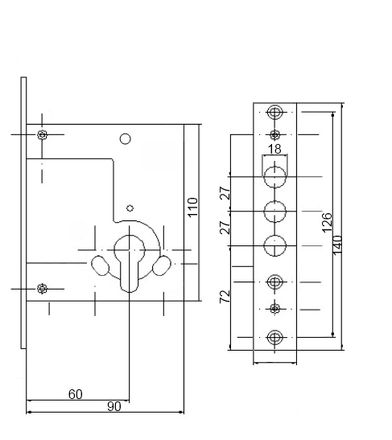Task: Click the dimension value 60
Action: [x=75, y=394]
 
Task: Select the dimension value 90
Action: [x=114, y=406]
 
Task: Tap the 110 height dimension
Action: [x=192, y=207]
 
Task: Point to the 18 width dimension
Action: [x=274, y=149]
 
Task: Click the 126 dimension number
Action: [x=327, y=223]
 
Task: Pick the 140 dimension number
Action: [x=337, y=245]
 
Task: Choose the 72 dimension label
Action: [x=225, y=297]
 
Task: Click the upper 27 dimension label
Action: [x=225, y=193]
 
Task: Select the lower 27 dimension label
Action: [x=225, y=228]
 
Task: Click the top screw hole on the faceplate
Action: [x=274, y=113]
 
